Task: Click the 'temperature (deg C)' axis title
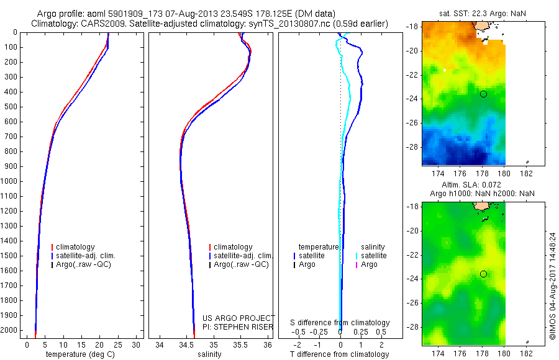(82, 354)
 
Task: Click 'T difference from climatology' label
(340, 354)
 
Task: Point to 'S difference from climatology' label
(340, 323)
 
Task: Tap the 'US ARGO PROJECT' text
(238, 317)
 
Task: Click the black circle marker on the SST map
(483, 94)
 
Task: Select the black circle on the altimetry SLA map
(483, 274)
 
